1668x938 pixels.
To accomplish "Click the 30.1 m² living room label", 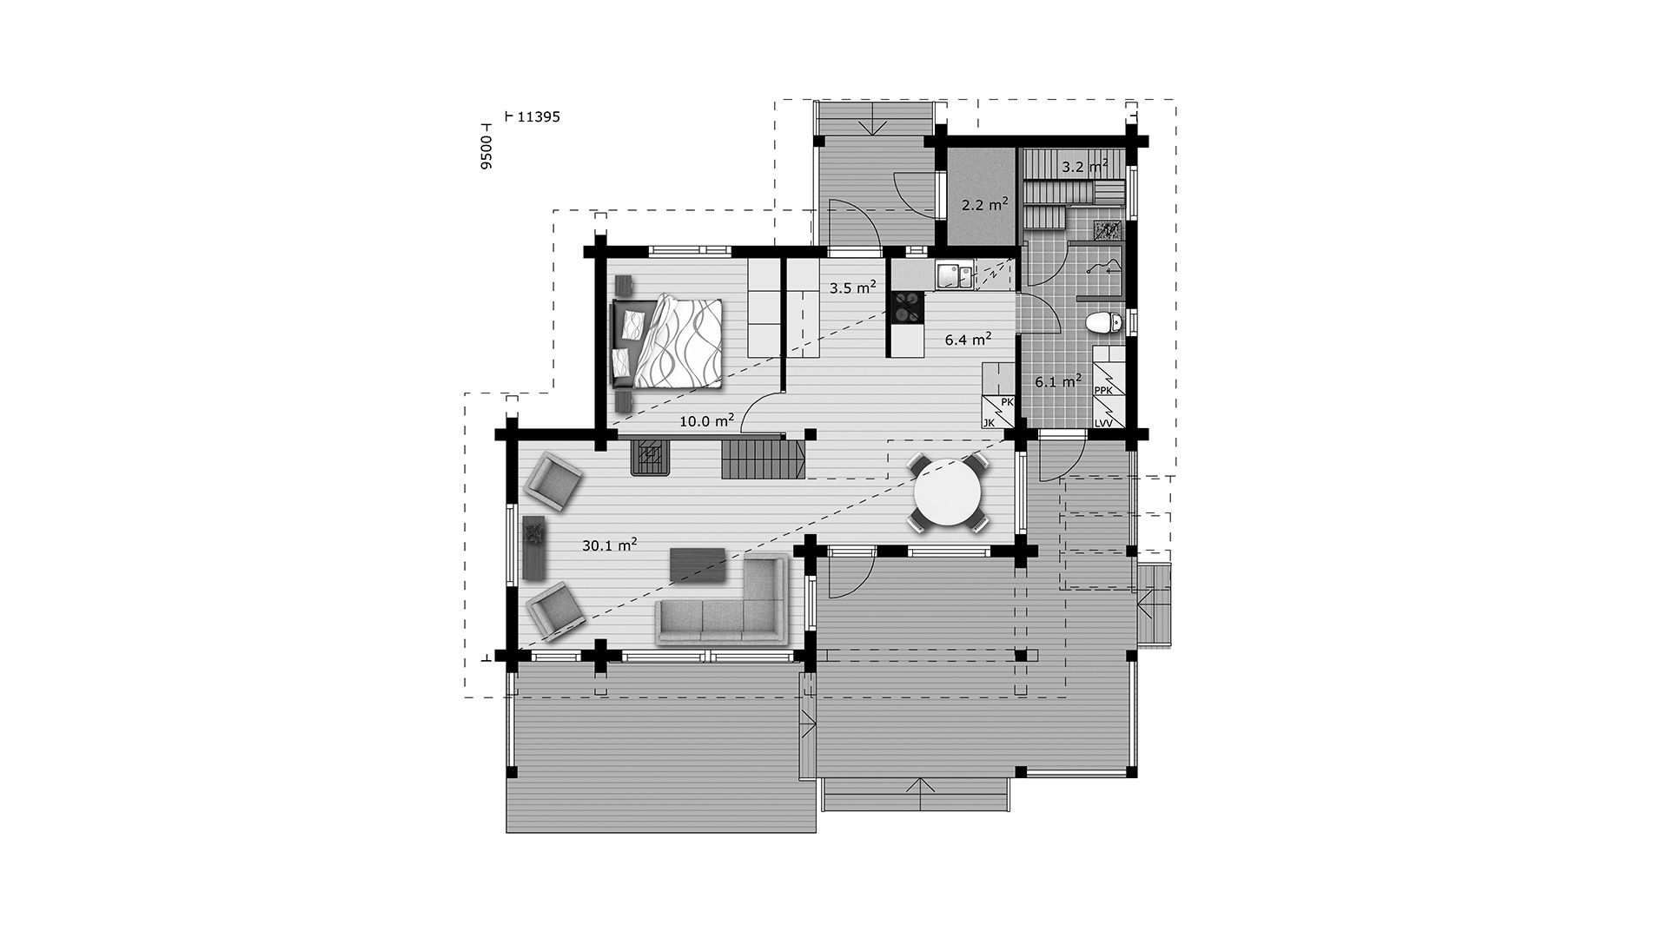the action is click(610, 545).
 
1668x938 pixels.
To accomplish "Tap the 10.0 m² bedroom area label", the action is click(707, 421).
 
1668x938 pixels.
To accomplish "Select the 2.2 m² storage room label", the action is click(984, 205).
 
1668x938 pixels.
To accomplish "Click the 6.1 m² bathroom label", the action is click(1058, 380).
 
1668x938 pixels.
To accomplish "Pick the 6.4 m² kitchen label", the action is click(969, 340).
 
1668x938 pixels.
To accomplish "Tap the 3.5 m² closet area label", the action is click(852, 287).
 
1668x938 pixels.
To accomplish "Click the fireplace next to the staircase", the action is click(650, 455).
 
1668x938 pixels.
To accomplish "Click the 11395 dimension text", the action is click(538, 116).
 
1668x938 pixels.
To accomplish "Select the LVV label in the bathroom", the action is click(1104, 423).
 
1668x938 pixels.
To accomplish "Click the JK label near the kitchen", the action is click(989, 423).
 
